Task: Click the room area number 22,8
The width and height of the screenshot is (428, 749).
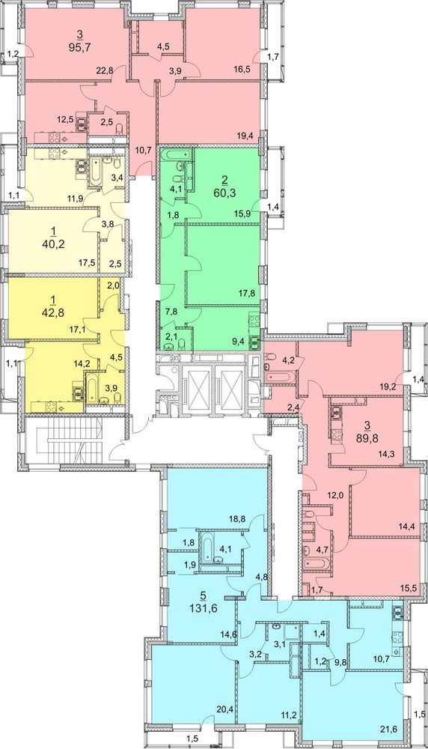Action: click(x=105, y=70)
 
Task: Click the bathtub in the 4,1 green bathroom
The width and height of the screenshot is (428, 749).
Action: click(x=177, y=155)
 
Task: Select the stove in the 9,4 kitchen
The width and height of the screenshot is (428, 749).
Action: click(x=254, y=321)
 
